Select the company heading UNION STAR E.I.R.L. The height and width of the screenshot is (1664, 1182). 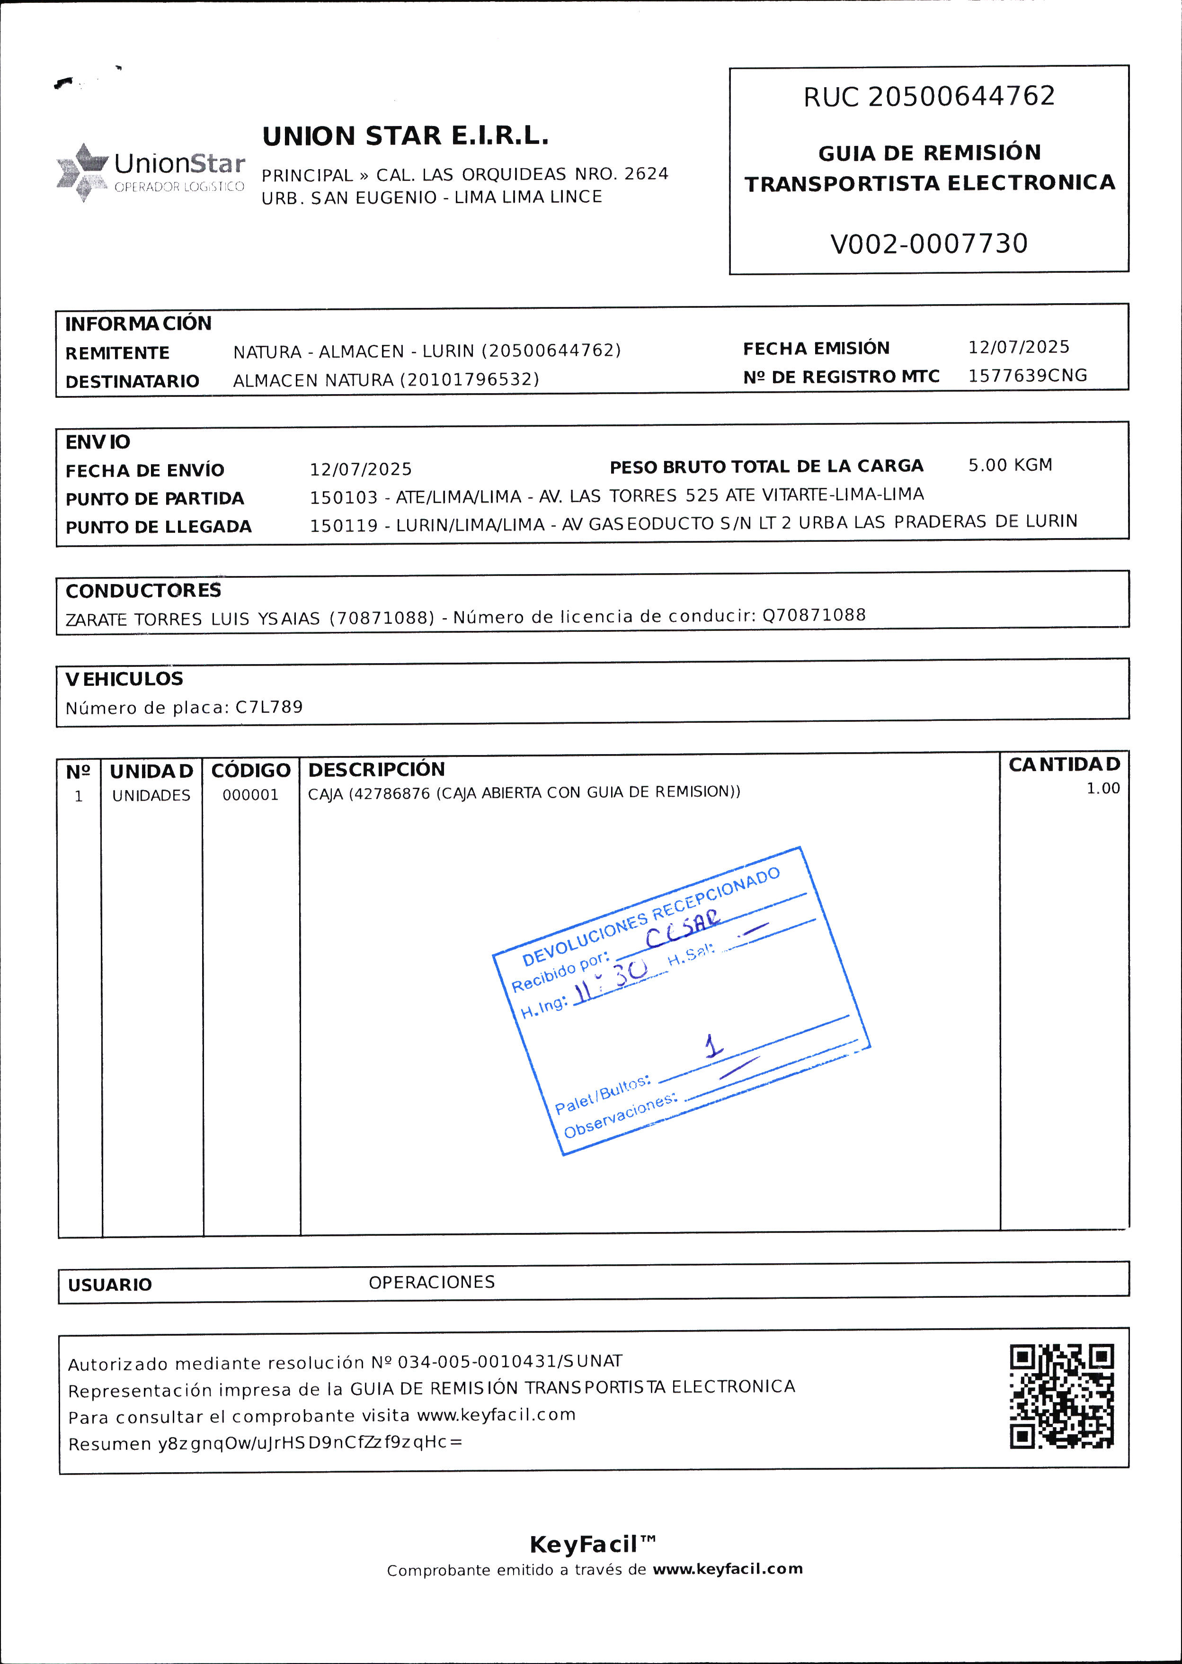click(405, 136)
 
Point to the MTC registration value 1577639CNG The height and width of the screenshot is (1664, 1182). click(1027, 376)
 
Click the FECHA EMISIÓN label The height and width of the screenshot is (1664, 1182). click(816, 349)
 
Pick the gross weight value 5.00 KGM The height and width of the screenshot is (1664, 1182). click(1010, 465)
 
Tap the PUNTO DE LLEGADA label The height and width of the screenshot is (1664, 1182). click(159, 527)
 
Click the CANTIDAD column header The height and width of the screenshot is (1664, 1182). click(1064, 765)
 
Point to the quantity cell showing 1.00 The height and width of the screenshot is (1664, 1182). click(1102, 789)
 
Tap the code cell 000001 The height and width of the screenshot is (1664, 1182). click(250, 795)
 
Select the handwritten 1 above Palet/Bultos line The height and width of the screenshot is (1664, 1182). click(713, 1046)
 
